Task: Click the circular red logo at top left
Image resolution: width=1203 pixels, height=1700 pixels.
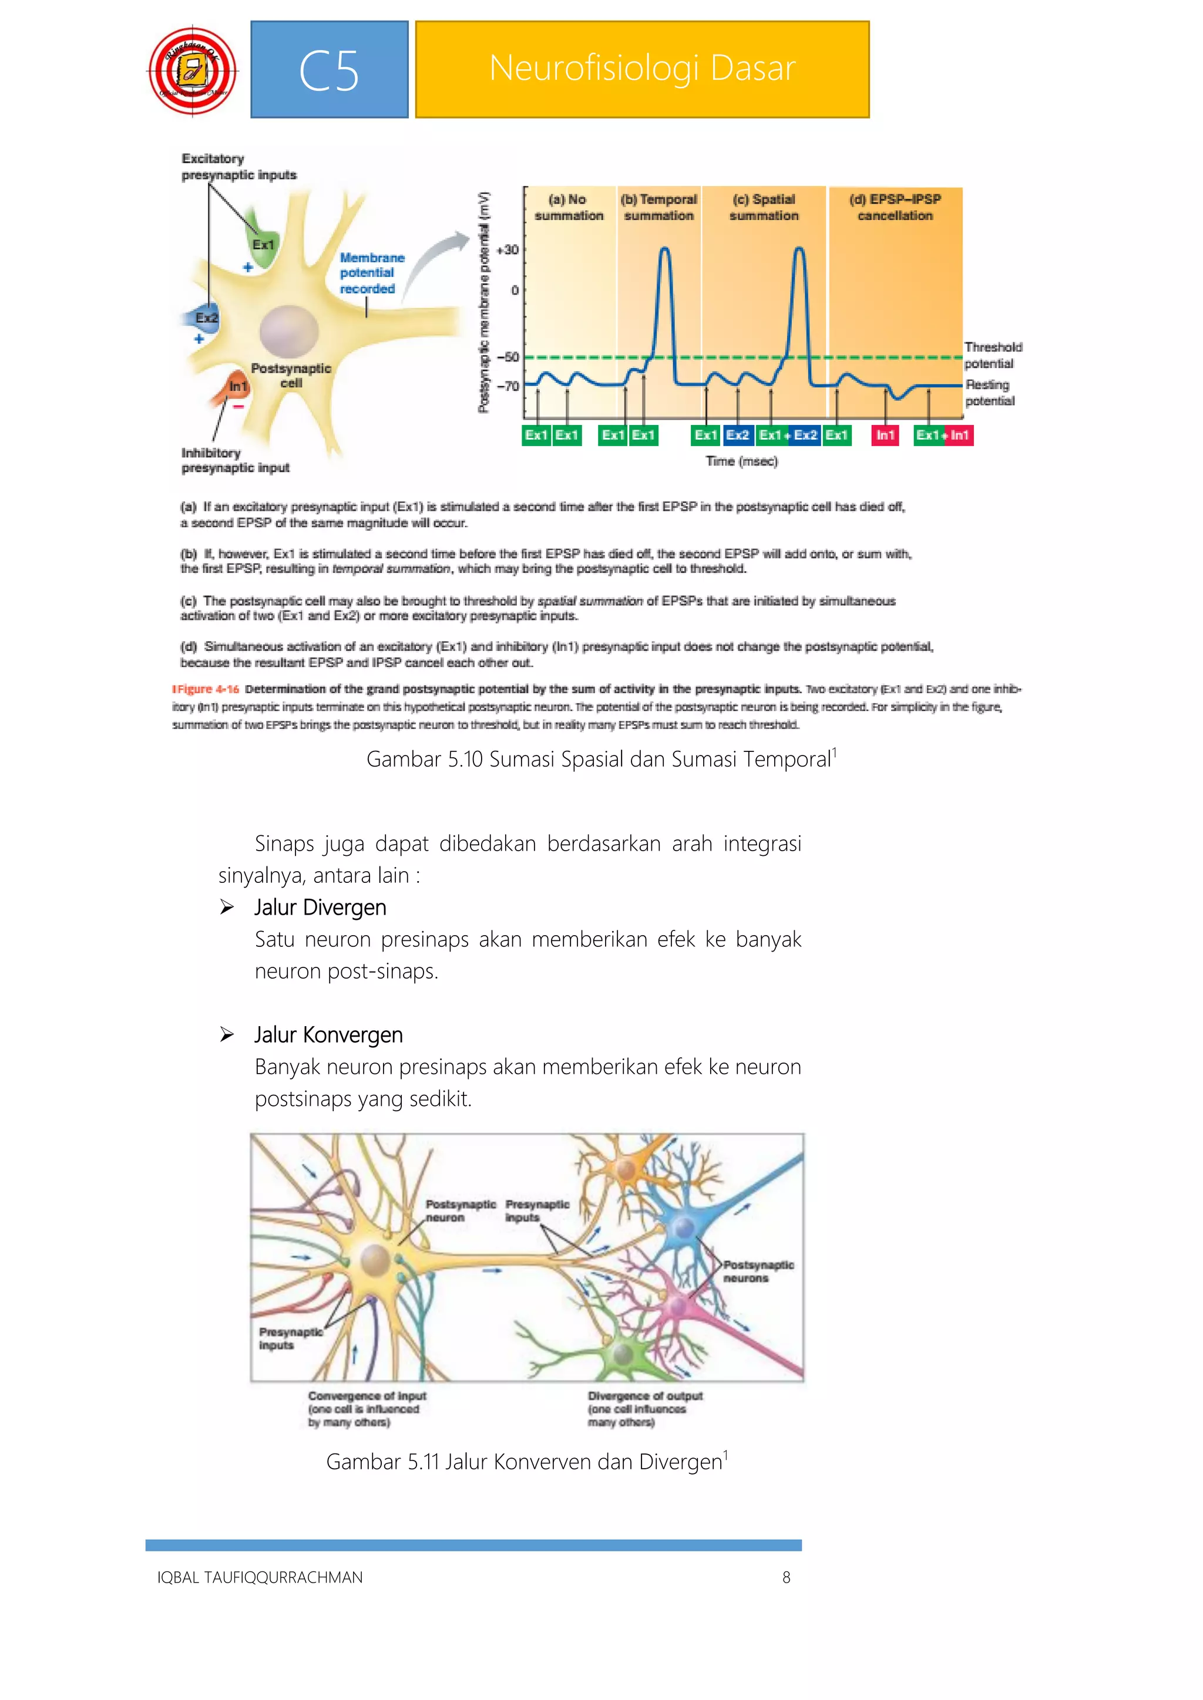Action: point(193,72)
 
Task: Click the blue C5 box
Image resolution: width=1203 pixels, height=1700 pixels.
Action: point(329,70)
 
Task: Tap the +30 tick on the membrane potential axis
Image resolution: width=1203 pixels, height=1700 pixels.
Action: point(508,250)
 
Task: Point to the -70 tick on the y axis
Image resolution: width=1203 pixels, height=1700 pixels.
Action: point(508,386)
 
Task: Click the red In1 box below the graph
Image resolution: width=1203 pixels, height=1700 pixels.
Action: point(885,436)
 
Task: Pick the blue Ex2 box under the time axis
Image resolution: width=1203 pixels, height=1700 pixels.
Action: point(738,436)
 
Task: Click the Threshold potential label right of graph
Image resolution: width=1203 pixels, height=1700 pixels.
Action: point(993,355)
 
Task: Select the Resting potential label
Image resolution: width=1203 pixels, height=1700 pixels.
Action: point(990,393)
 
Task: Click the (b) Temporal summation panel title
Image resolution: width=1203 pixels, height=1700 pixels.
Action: point(658,207)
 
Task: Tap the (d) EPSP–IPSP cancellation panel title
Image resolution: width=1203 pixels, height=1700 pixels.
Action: point(895,207)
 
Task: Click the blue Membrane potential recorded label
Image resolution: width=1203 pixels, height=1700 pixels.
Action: point(372,273)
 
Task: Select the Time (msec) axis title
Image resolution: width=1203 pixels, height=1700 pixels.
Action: point(741,461)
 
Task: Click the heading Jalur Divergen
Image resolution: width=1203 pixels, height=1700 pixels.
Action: point(320,907)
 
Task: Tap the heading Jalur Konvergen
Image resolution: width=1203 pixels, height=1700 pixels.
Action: point(328,1034)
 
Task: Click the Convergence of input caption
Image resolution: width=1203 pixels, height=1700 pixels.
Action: point(367,1397)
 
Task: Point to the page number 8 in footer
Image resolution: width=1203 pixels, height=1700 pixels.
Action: point(786,1577)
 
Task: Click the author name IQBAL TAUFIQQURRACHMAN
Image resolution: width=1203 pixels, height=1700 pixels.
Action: point(260,1577)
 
